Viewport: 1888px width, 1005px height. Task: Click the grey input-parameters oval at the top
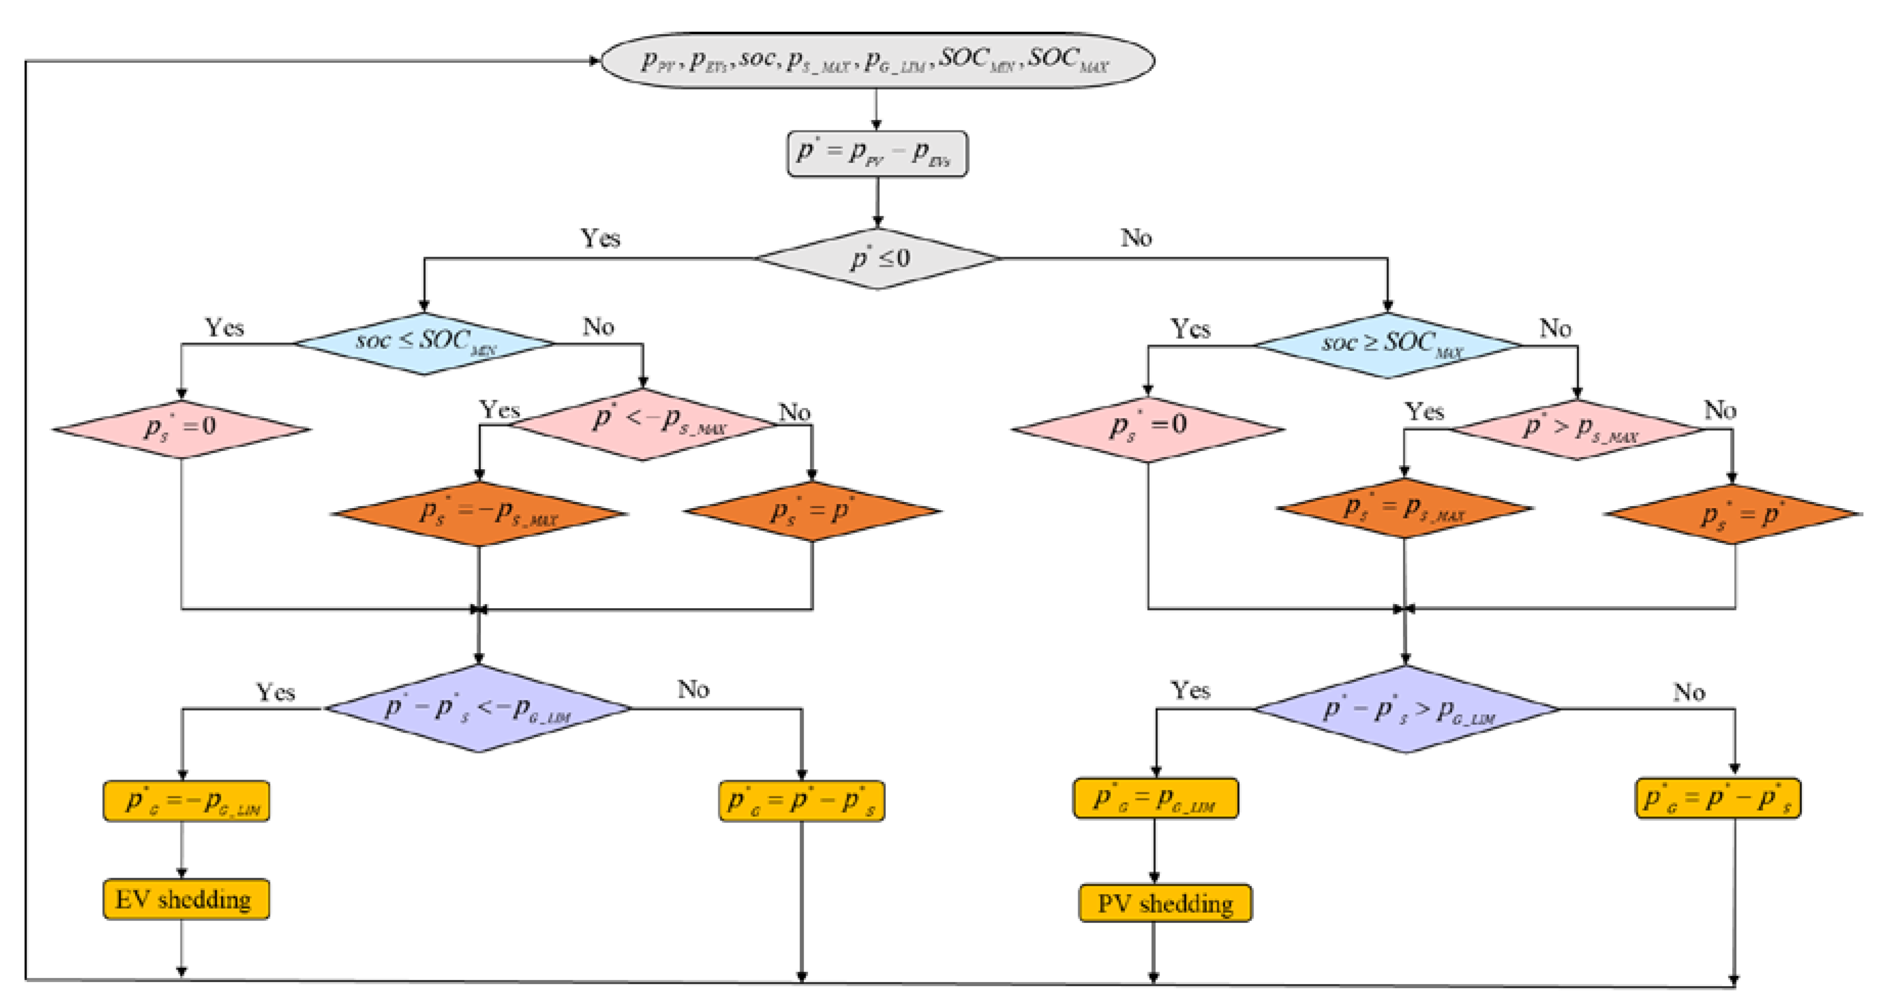877,60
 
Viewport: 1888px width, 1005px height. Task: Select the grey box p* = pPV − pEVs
877,154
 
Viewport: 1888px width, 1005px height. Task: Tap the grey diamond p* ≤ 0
877,258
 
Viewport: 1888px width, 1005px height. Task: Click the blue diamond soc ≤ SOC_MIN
424,343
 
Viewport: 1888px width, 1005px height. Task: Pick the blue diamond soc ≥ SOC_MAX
1387,345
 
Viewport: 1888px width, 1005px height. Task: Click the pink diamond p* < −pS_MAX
644,424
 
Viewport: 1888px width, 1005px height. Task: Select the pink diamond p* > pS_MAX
1577,429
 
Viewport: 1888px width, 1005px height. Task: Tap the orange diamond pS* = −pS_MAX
480,513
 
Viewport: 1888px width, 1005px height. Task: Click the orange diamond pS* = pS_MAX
1404,508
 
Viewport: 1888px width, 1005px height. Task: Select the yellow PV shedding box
1165,903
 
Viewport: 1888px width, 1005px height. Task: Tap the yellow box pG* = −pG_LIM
186,801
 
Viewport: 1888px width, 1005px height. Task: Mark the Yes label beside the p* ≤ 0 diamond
600,238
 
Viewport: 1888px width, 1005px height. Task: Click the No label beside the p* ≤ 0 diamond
1136,238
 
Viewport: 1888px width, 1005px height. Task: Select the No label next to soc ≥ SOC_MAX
1555,328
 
